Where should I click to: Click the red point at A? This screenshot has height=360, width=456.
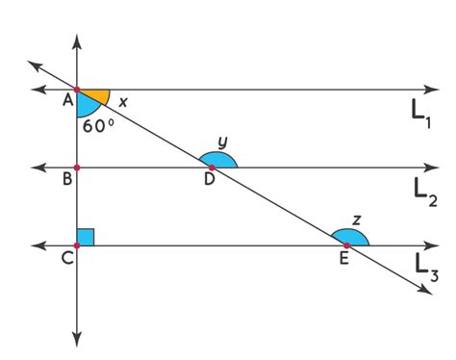(x=77, y=90)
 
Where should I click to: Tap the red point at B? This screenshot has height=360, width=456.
(x=77, y=167)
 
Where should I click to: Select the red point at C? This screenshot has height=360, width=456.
(x=77, y=245)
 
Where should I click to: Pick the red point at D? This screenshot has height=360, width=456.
(x=212, y=167)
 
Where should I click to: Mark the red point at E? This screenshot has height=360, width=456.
(x=346, y=245)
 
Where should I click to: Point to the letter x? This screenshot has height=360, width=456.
(x=123, y=100)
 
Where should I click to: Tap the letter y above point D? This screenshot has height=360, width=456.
(x=222, y=141)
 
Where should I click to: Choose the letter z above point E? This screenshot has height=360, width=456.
(x=356, y=219)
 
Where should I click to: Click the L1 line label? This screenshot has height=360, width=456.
(x=420, y=113)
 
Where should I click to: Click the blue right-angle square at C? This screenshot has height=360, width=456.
(x=86, y=237)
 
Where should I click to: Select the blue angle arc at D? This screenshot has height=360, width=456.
(x=218, y=160)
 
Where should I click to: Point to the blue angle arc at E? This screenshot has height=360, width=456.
(x=350, y=237)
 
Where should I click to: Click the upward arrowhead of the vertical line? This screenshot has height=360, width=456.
(x=77, y=41)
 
